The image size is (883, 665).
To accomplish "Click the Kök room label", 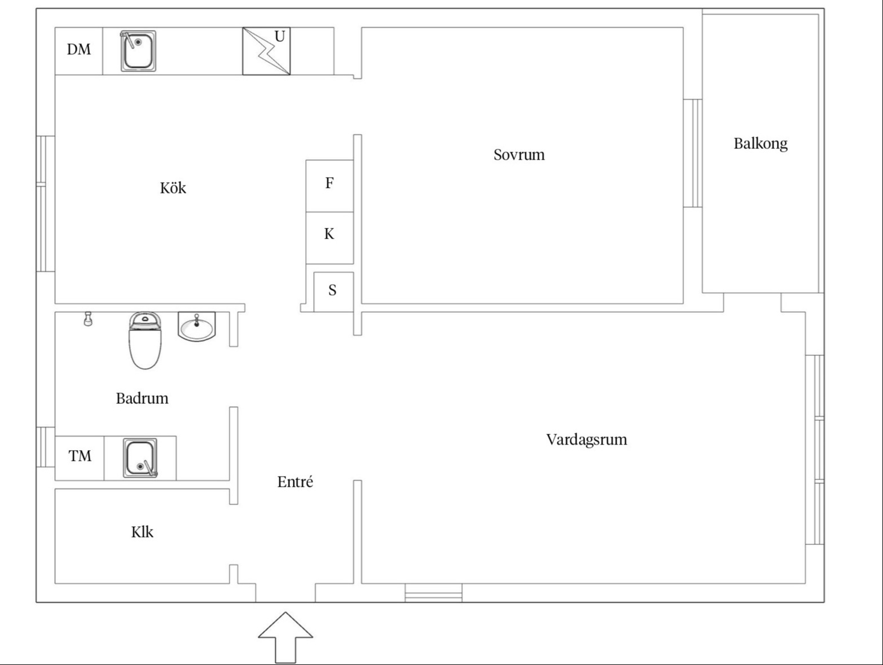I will pyautogui.click(x=173, y=188).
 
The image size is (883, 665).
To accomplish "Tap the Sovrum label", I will pyautogui.click(x=519, y=155).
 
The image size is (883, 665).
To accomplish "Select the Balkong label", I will pyautogui.click(x=760, y=144).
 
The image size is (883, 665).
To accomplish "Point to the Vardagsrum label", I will pyautogui.click(x=586, y=439).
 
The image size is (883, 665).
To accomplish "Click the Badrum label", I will pyautogui.click(x=142, y=398).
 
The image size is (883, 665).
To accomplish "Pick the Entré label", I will pyautogui.click(x=295, y=482).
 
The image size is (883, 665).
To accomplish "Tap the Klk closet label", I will pyautogui.click(x=142, y=532).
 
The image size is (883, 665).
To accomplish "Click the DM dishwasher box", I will pyautogui.click(x=78, y=50).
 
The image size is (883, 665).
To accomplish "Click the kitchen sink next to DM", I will pyautogui.click(x=138, y=51).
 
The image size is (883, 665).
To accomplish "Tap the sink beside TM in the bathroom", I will pyautogui.click(x=140, y=458).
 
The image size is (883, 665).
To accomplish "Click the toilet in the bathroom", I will pyautogui.click(x=145, y=341).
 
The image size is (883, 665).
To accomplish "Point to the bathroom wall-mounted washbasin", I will pyautogui.click(x=196, y=327).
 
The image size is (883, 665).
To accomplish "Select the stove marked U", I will pyautogui.click(x=266, y=51).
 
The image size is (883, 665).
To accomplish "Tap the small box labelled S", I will pyautogui.click(x=333, y=291).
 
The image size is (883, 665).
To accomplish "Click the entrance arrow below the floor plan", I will pyautogui.click(x=285, y=636).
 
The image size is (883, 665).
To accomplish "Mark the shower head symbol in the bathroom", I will pyautogui.click(x=87, y=319).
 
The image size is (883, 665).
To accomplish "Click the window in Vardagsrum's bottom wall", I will pyautogui.click(x=433, y=593).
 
